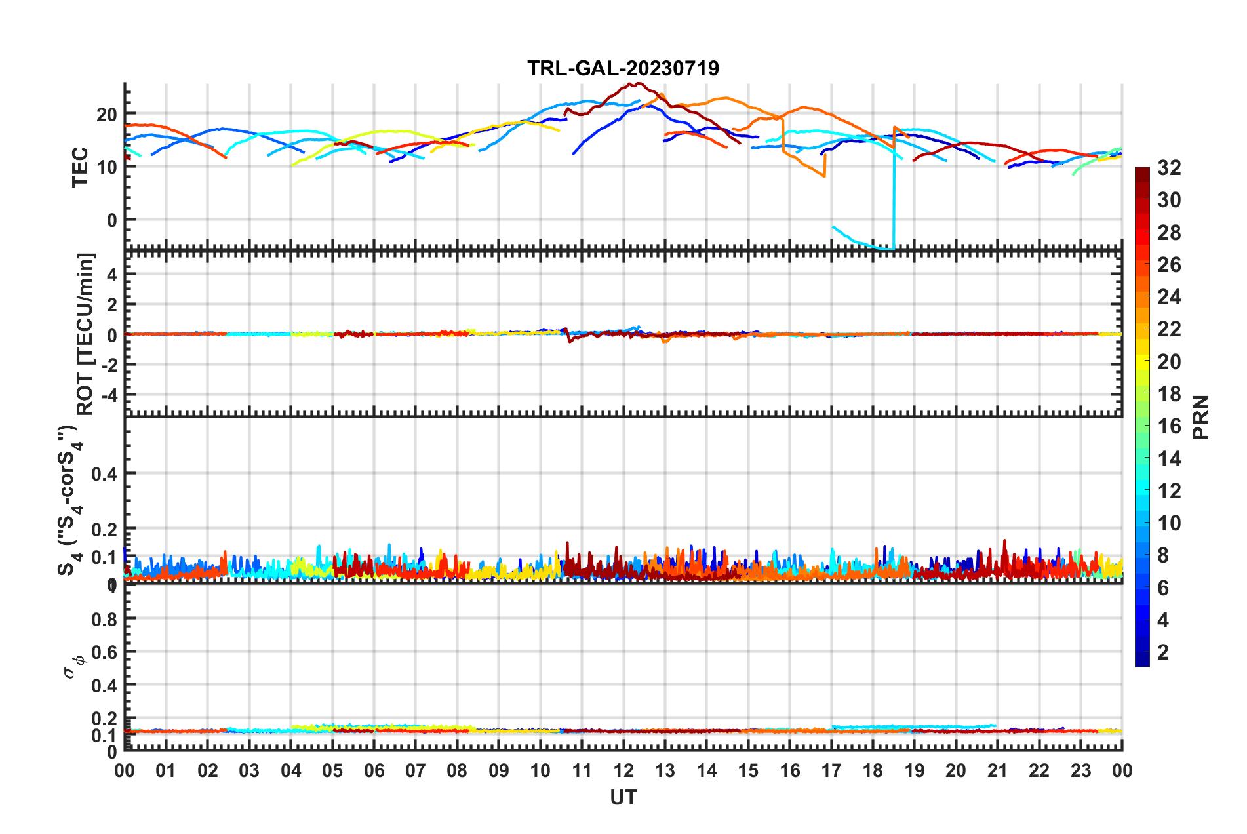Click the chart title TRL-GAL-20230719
pyautogui.click(x=623, y=68)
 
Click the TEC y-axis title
pyautogui.click(x=80, y=167)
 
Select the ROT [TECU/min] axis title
pyautogui.click(x=85, y=334)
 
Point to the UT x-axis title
pyautogui.click(x=623, y=797)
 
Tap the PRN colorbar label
pyautogui.click(x=1201, y=417)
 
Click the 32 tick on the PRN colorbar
pyautogui.click(x=1169, y=168)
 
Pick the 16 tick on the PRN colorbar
pyautogui.click(x=1169, y=426)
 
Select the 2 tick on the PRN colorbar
pyautogui.click(x=1163, y=652)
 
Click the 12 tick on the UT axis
pyautogui.click(x=623, y=770)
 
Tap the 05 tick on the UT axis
pyautogui.click(x=332, y=770)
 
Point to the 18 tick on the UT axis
pyautogui.click(x=873, y=770)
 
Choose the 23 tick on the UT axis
pyautogui.click(x=1080, y=770)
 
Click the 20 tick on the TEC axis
pyautogui.click(x=106, y=115)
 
